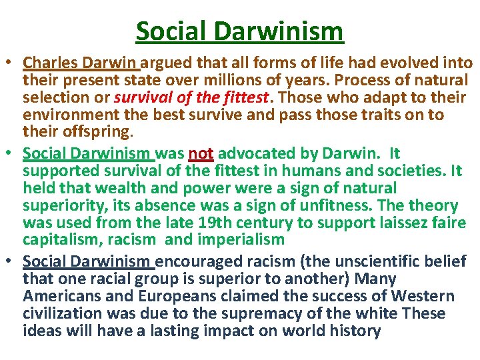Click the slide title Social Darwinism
coord(239,31)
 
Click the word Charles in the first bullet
coord(50,63)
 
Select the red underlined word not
coord(201,154)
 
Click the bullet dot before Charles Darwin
coord(11,64)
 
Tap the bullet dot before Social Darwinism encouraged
coord(11,263)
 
